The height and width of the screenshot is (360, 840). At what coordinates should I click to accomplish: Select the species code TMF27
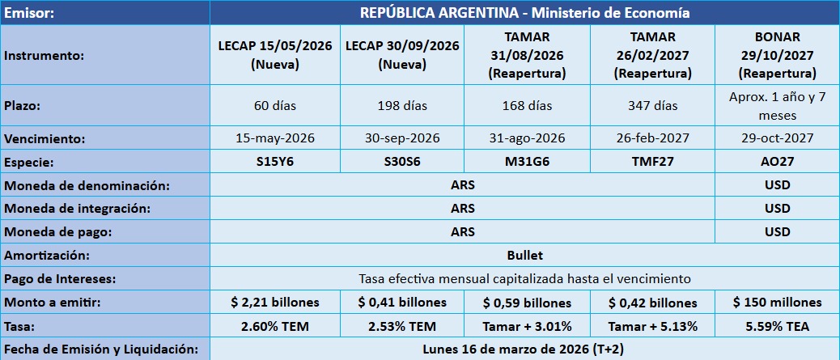pos(652,161)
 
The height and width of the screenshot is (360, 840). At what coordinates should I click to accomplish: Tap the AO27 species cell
pos(777,161)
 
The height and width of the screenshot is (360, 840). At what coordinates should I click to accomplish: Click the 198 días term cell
pos(401,106)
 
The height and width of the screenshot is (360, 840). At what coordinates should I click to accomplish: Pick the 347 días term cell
pos(652,106)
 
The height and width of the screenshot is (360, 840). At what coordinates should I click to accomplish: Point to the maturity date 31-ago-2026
pos(528,138)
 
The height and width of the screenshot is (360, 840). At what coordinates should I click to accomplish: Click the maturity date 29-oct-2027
pos(777,138)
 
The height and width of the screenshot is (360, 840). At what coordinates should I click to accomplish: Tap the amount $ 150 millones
pos(777,303)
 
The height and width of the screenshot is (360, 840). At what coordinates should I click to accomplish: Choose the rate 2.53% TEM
pos(401,327)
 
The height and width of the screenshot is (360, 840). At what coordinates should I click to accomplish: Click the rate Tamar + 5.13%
pos(652,327)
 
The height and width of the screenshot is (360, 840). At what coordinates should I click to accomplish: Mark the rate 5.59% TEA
pos(777,327)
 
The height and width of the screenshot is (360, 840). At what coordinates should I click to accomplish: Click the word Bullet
pos(524,255)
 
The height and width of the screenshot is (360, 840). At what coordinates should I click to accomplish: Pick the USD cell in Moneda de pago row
pos(777,231)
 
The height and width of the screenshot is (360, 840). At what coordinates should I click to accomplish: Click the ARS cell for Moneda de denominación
pos(463,185)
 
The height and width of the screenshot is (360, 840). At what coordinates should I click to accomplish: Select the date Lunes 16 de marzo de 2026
pos(524,349)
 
